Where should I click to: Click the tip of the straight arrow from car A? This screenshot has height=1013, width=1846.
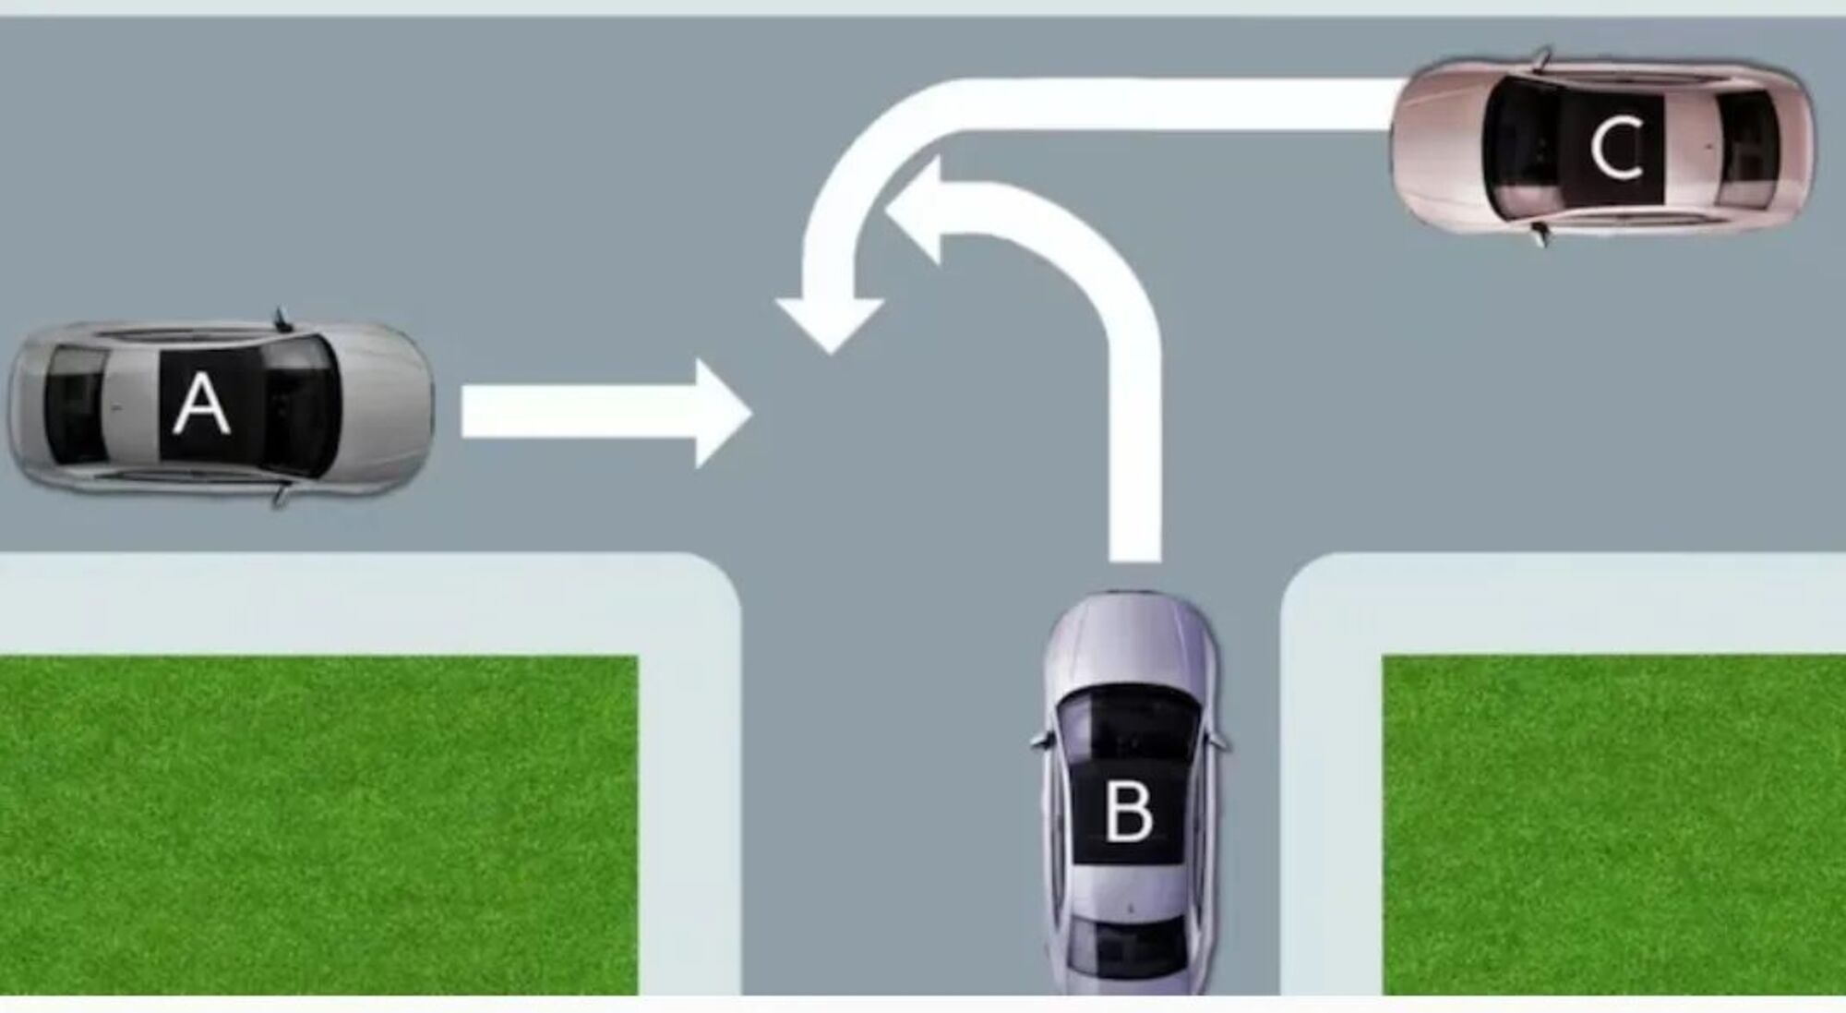[751, 414]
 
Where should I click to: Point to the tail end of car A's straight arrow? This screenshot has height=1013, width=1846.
[462, 412]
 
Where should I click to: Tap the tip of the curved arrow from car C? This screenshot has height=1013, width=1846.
[830, 354]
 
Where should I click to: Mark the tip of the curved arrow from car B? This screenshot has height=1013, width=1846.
[887, 211]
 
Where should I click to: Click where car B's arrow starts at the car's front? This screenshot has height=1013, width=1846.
[1134, 560]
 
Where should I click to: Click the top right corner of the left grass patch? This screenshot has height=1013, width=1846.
[638, 657]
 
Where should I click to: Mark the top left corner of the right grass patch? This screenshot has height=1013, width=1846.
[1383, 656]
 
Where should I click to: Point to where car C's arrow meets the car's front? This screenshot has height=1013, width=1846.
[1393, 104]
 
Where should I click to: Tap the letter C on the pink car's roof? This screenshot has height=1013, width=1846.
[1616, 148]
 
